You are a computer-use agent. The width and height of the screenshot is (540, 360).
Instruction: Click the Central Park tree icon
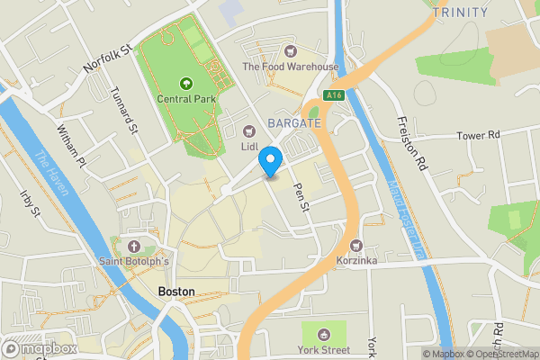[x=185, y=83]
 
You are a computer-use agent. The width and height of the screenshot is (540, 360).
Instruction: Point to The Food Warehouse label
[x=290, y=67]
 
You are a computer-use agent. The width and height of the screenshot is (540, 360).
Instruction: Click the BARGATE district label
[x=292, y=121]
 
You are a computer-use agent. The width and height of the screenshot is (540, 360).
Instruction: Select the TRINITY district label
[x=460, y=13]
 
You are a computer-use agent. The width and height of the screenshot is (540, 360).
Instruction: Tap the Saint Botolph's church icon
[x=134, y=247]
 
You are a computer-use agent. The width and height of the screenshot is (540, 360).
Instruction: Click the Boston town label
[x=175, y=292]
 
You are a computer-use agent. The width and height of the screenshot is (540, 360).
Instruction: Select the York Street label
[x=324, y=349]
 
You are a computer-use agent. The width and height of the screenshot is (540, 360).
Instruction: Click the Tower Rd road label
[x=477, y=135]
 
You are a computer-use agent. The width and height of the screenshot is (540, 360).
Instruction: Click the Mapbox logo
[x=40, y=348]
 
